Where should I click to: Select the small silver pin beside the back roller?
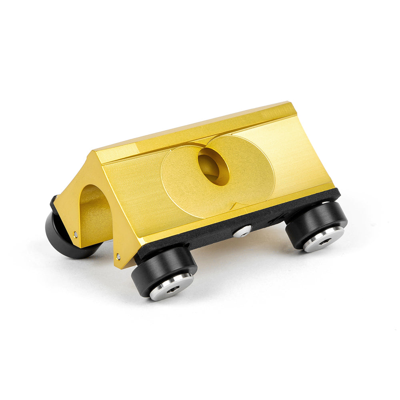click(76, 234)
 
